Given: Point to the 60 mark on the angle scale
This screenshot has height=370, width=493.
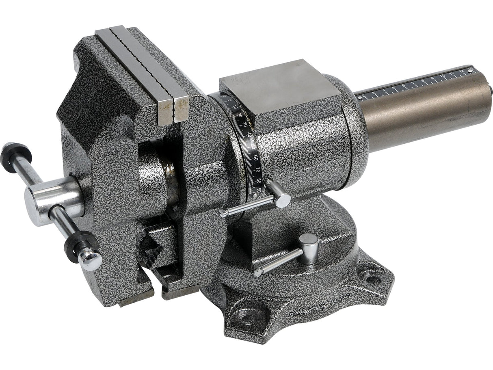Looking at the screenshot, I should click(x=255, y=157).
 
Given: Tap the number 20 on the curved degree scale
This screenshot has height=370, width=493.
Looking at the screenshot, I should click(x=240, y=115).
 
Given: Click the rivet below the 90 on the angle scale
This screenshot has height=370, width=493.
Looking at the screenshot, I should click(x=254, y=195).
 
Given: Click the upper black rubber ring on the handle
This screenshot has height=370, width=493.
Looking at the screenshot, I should click(x=16, y=156).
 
